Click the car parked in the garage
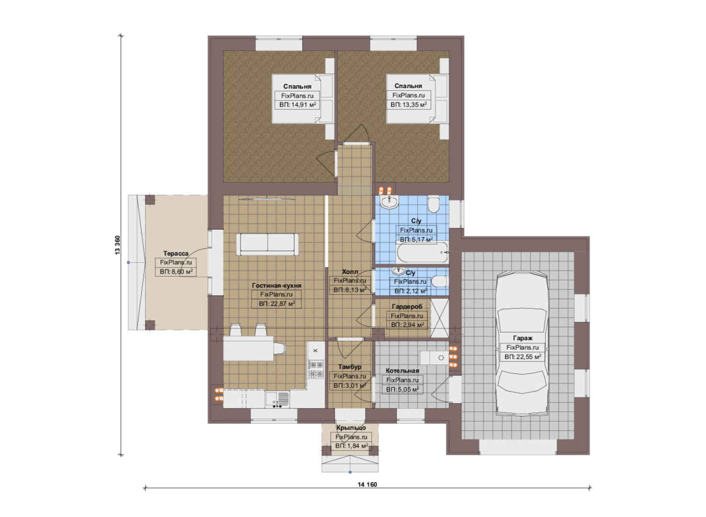522,344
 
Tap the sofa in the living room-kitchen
267,244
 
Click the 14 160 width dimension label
367,484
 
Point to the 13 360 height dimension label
117,245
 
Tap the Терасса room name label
176,254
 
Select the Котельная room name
402,371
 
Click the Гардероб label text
407,306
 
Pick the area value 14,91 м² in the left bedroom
298,105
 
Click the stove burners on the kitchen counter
316,369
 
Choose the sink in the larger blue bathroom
389,202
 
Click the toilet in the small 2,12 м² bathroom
439,281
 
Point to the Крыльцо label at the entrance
351,428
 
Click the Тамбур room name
350,367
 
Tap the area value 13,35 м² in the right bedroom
409,105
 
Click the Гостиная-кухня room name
277,285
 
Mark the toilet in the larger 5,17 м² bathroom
434,205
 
